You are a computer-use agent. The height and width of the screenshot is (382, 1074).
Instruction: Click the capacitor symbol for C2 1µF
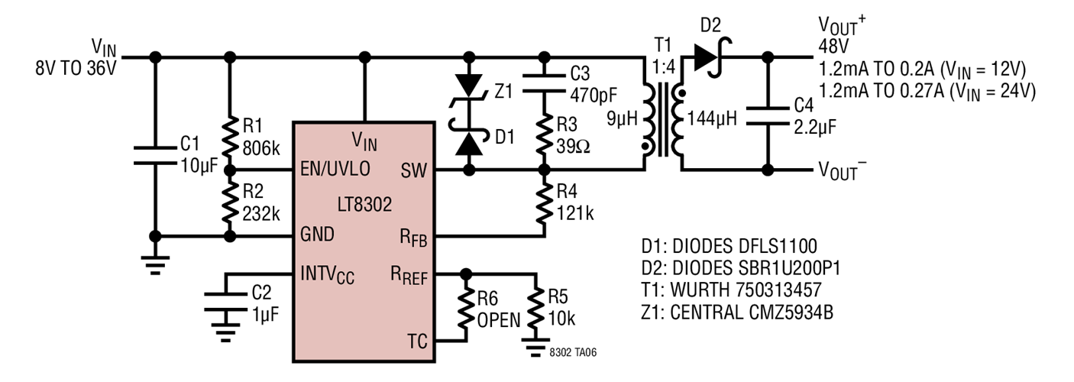(227, 303)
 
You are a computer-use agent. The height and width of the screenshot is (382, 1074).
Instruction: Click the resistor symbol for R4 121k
(544, 202)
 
